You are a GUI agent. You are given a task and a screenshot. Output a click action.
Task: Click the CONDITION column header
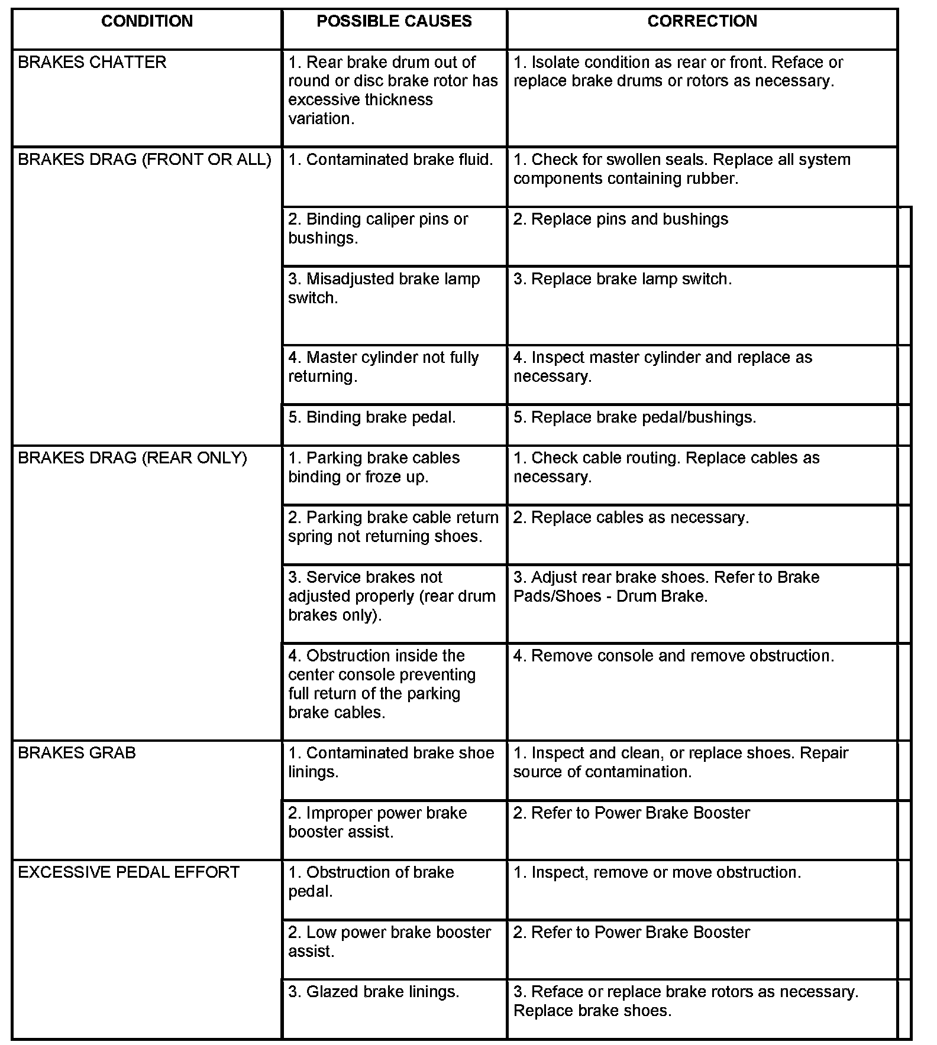pos(147,21)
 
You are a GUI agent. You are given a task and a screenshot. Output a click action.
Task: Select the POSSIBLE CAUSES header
pos(394,21)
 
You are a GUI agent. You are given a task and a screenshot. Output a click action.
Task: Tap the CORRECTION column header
pos(702,21)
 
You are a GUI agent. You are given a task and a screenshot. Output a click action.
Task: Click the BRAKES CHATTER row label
pos(92,62)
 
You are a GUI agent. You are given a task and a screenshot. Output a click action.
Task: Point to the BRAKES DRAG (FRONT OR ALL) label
pos(145,160)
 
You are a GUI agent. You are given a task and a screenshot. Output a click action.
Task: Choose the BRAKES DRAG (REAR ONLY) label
pos(133,458)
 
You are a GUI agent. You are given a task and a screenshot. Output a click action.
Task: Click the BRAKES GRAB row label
pos(77,753)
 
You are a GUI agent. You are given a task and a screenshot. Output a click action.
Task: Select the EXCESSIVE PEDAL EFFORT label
pos(129,872)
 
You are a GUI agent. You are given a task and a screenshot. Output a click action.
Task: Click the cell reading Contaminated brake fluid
pos(390,160)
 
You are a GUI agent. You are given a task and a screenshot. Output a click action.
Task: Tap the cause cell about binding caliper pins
pos(379,229)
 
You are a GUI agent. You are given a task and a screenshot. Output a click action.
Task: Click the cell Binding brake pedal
pos(372,417)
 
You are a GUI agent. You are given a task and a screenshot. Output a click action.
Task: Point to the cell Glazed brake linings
pos(374,992)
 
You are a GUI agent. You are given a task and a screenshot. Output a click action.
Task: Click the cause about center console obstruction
pos(382,684)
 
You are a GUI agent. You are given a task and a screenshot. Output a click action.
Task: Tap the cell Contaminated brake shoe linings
pos(391,762)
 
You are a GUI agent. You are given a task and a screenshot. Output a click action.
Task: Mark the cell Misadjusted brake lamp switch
pos(384,288)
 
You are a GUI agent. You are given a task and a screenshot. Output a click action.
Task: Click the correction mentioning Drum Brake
pos(666,586)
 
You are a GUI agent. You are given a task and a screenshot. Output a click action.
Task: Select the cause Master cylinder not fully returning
pos(383,367)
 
